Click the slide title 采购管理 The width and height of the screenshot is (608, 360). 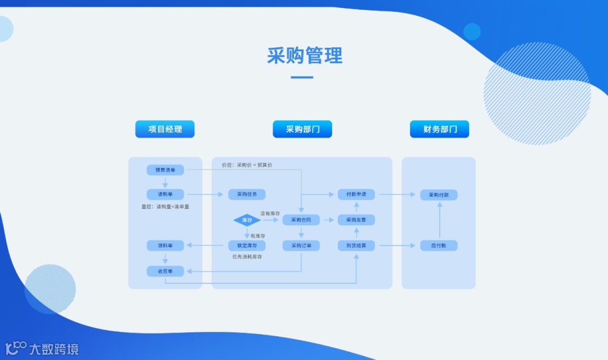305,56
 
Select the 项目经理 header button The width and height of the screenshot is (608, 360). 165,129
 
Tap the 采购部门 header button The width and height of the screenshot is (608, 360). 302,129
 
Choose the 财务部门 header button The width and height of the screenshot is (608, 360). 439,129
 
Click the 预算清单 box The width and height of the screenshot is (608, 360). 166,170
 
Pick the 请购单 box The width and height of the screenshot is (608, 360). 166,194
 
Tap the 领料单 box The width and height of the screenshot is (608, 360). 166,246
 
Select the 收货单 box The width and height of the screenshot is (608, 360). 166,271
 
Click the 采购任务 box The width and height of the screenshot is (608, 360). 247,194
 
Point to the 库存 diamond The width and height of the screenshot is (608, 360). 247,220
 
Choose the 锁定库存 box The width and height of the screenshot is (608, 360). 247,246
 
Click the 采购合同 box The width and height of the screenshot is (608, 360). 301,220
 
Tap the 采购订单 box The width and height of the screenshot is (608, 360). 301,246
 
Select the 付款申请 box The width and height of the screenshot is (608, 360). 356,194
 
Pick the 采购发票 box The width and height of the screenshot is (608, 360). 356,220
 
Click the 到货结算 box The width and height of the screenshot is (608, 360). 356,246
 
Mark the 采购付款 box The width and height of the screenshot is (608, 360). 439,194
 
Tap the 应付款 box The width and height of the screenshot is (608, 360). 439,246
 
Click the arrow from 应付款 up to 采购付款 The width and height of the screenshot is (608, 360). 439,220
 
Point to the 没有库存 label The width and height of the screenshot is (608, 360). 270,214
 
